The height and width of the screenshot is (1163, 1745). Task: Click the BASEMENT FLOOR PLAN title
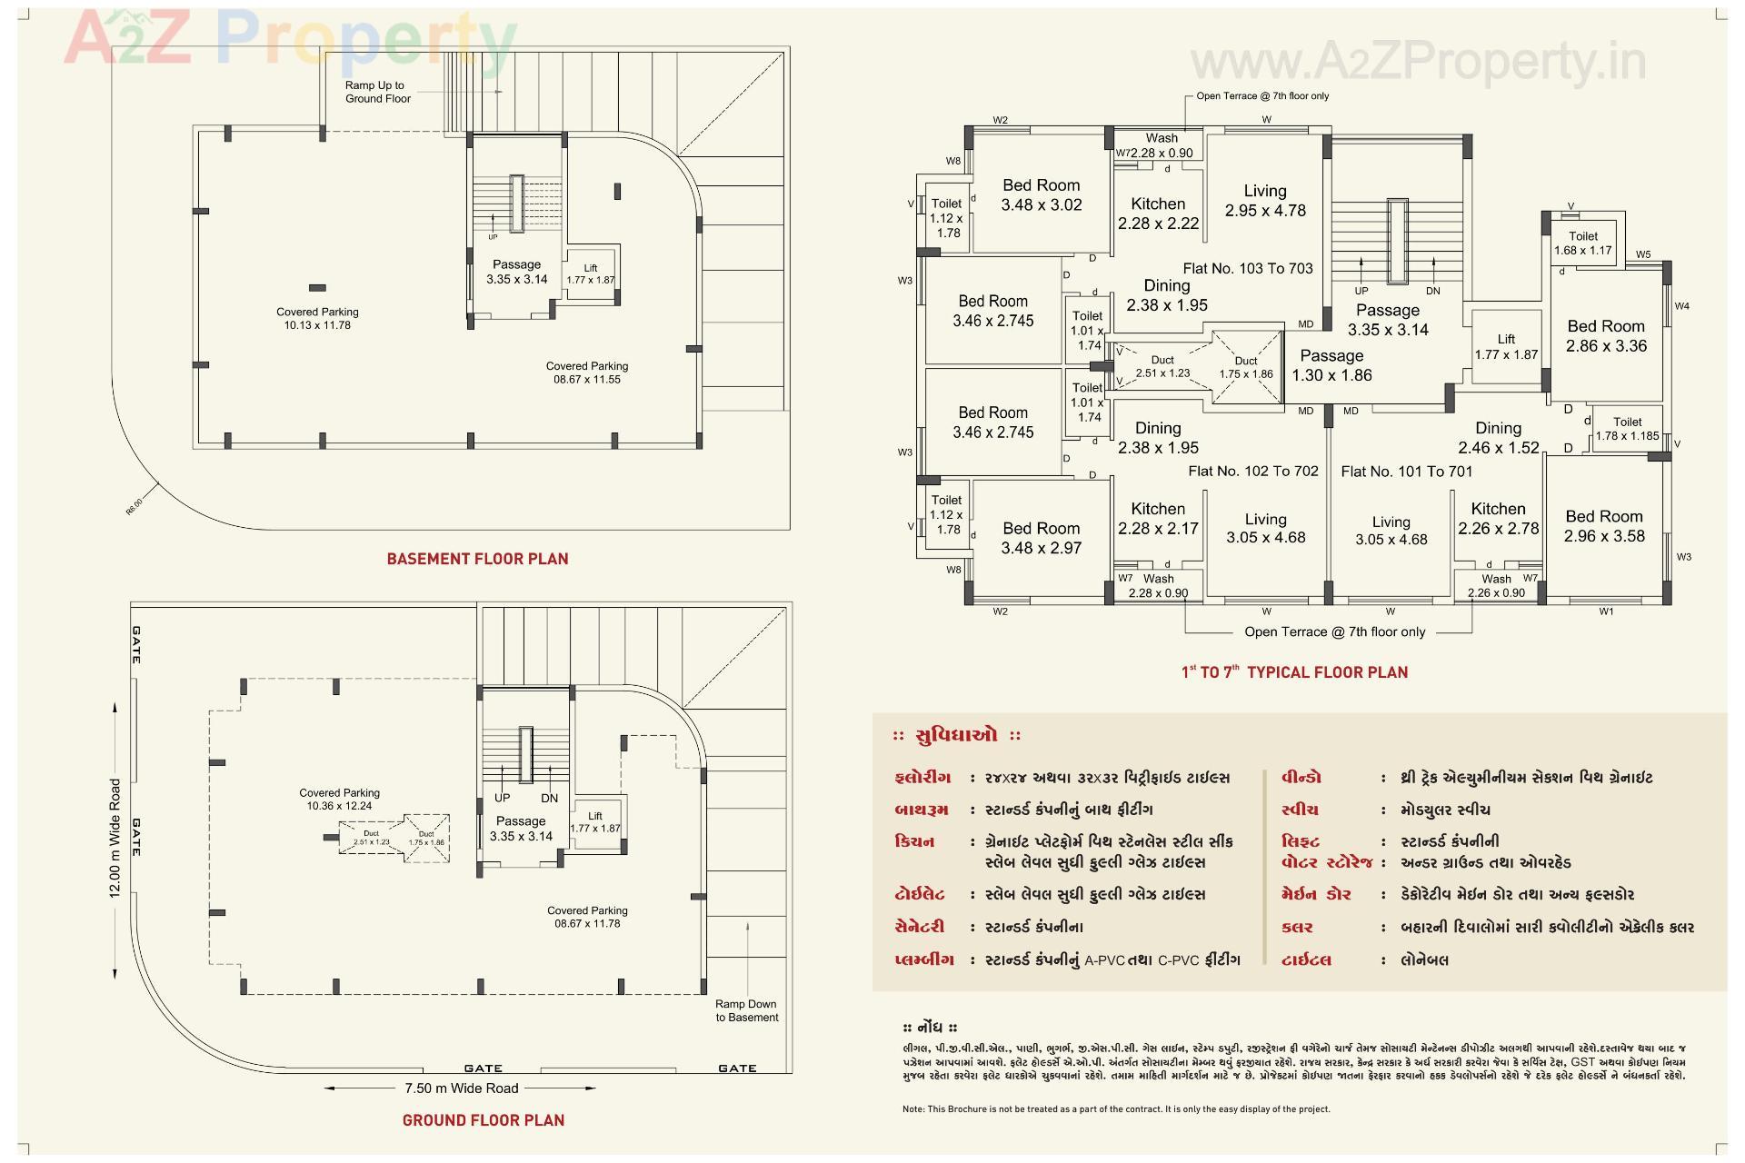point(477,559)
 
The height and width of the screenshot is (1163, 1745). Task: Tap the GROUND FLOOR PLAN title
point(484,1120)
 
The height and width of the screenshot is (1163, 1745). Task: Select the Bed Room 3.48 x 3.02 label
point(1041,195)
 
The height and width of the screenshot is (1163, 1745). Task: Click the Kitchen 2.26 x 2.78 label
point(1498,519)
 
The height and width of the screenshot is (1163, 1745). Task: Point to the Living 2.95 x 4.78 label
point(1264,201)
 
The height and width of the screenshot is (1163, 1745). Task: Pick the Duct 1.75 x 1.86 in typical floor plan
point(1245,367)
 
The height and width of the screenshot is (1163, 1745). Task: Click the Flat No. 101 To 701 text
point(1406,472)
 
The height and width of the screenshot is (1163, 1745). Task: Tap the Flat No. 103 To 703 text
point(1247,269)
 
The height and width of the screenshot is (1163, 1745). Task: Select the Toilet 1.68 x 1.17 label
point(1582,244)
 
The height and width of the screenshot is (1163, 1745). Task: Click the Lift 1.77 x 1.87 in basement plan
point(591,274)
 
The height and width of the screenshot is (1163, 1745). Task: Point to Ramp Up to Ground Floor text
point(376,92)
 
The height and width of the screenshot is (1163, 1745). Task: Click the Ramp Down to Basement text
point(746,1010)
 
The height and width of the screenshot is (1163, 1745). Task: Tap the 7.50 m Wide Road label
point(461,1088)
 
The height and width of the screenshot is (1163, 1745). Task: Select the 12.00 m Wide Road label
point(115,838)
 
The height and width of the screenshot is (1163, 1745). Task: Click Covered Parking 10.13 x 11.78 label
point(317,318)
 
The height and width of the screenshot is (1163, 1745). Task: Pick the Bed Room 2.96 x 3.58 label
point(1604,526)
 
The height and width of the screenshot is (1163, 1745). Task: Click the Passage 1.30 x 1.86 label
point(1331,365)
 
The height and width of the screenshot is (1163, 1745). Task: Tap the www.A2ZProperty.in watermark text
point(1418,62)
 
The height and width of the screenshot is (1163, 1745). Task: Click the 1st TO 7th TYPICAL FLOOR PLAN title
point(1294,672)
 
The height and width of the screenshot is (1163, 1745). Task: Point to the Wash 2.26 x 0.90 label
point(1496,586)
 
